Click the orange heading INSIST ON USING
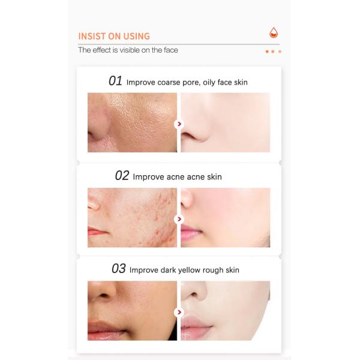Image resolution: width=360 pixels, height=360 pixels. click(114, 36)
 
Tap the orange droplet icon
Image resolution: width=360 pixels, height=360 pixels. click(274, 32)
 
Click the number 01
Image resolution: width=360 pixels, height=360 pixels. click(115, 81)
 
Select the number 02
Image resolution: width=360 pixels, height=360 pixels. click(122, 176)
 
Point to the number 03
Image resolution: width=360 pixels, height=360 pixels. click(119, 269)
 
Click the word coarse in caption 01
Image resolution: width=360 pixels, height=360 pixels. click(169, 82)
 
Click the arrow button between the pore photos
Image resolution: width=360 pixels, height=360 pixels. click(179, 124)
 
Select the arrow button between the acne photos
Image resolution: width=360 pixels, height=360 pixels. click(179, 219)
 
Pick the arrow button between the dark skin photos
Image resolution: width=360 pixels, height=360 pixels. click(179, 312)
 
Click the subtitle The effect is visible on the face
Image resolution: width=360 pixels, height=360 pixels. click(128, 50)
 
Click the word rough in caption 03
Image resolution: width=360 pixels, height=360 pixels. click(213, 270)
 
